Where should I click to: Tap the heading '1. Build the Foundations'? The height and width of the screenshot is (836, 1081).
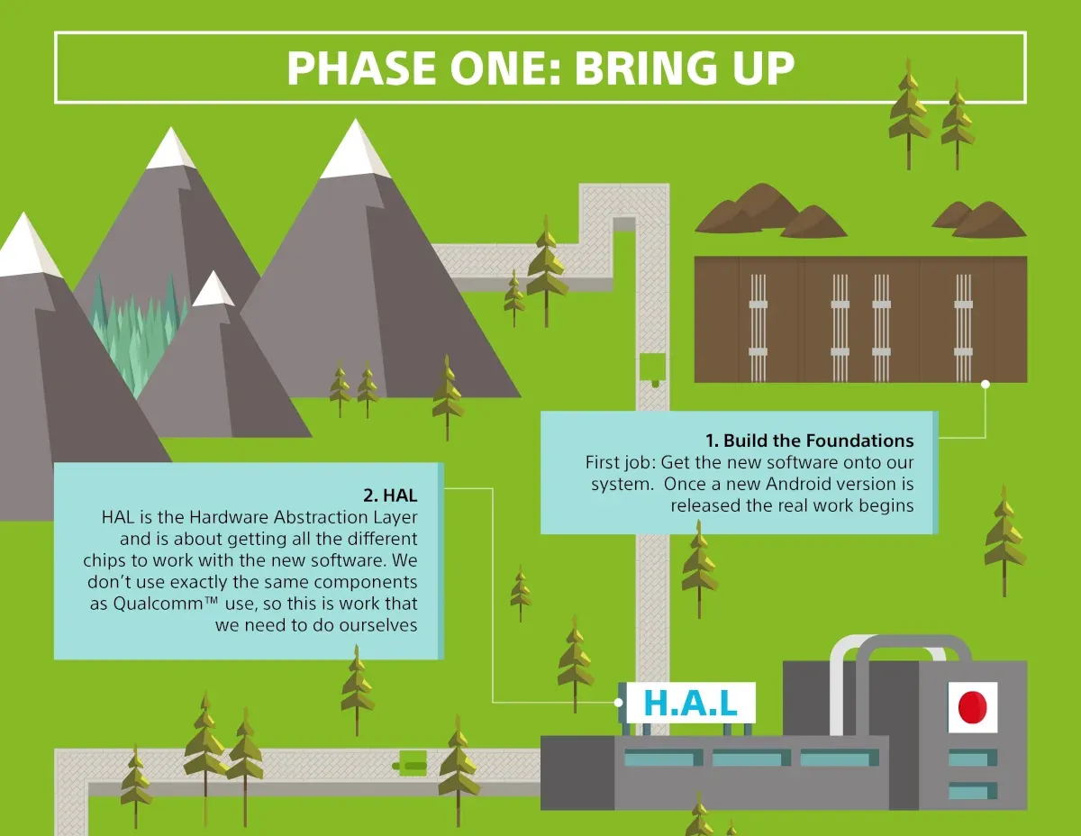click(x=809, y=441)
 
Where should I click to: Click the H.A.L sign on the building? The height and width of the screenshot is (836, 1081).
click(x=690, y=704)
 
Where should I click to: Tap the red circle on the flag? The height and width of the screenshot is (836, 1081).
click(x=973, y=707)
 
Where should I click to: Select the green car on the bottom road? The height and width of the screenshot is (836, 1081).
click(x=411, y=764)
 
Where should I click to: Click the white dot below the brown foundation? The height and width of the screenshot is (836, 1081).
click(x=985, y=384)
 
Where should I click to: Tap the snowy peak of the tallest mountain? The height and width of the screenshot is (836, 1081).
click(x=355, y=149)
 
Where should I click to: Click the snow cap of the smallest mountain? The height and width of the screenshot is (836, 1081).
click(x=213, y=289)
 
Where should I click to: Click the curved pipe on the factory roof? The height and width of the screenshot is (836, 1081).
click(x=901, y=647)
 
